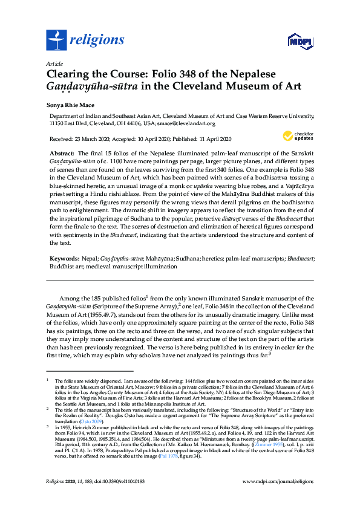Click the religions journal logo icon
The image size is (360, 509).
56,41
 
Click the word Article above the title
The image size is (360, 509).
54,63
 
